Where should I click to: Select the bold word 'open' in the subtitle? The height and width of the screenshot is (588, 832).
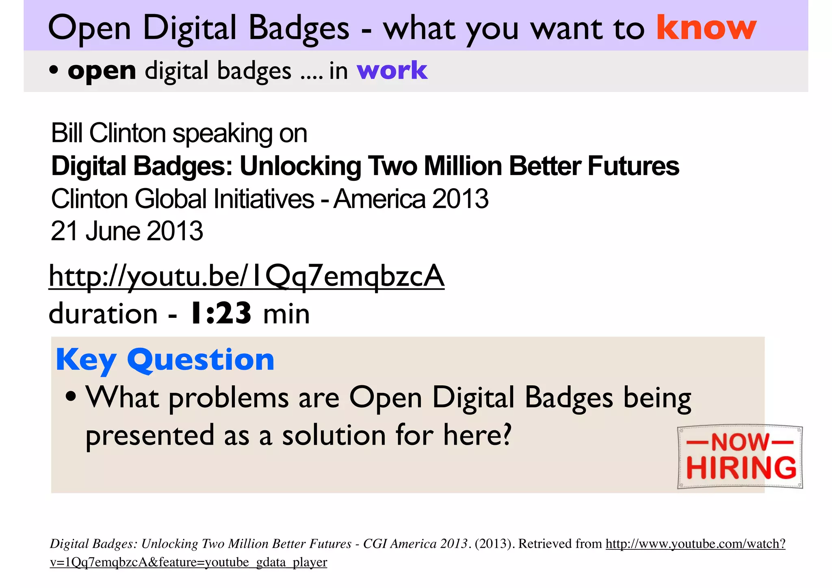pos(102,71)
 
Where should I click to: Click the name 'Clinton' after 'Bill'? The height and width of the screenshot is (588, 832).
pos(128,133)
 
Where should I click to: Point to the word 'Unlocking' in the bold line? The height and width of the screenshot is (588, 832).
pos(300,166)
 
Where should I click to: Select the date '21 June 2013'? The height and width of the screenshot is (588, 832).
pos(127,231)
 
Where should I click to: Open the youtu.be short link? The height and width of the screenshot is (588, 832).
pos(246,276)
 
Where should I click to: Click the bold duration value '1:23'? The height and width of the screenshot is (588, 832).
pos(220,314)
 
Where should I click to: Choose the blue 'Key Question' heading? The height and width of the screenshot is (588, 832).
pos(165,360)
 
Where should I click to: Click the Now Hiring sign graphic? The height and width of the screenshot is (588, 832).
pos(740,457)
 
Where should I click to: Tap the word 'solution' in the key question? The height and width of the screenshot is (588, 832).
pos(334,435)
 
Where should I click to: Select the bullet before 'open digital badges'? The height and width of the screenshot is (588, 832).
pos(54,70)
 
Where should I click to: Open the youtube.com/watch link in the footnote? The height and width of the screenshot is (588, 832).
pos(695,544)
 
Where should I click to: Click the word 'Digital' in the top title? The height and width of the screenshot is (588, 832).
pos(190,28)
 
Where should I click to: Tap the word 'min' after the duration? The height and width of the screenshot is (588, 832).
pos(286,314)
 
